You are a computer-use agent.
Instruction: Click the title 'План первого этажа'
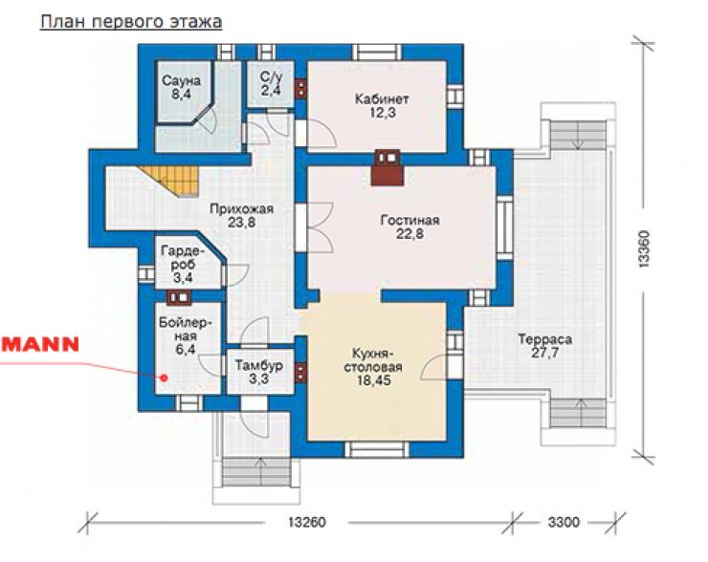tap(131, 22)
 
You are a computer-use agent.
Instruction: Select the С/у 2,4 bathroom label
tap(271, 83)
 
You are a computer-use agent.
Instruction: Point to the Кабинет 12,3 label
tap(382, 105)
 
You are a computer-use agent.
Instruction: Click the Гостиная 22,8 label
tap(410, 227)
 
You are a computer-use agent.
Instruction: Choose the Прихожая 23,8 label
tap(241, 216)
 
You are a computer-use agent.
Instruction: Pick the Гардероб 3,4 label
tap(183, 264)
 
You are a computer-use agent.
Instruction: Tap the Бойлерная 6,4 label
tap(186, 336)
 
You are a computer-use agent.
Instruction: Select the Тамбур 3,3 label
tap(259, 372)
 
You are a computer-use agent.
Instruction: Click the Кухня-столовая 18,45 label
tap(374, 367)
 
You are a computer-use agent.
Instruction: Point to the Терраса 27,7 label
tap(544, 345)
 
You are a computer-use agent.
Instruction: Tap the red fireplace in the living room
tap(387, 167)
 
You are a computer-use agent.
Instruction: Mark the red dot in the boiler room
tap(165, 378)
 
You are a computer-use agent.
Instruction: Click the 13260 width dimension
tap(307, 522)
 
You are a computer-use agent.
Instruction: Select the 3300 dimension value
tap(564, 522)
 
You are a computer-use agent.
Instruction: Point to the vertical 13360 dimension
tap(644, 249)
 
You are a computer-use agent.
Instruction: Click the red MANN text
tap(40, 344)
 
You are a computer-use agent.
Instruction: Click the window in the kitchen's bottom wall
tap(377, 450)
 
